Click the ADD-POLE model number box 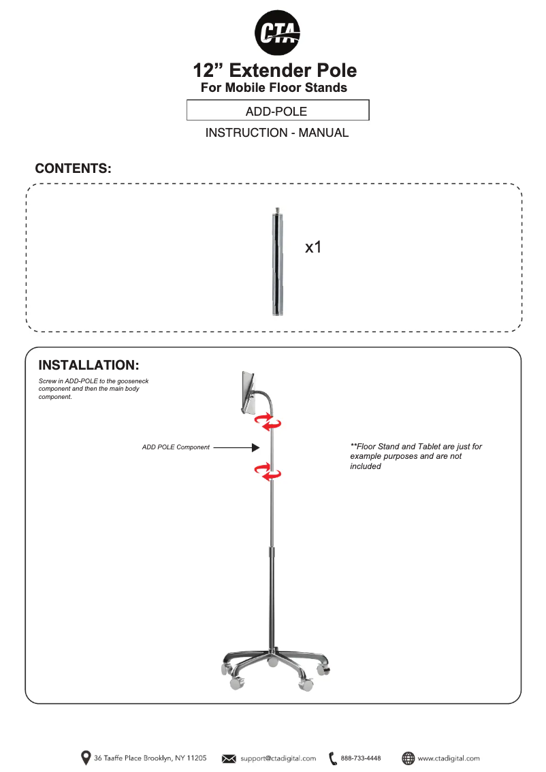(278, 111)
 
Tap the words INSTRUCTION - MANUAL (277, 133)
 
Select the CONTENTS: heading (74, 168)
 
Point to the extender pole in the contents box (278, 262)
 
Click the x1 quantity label (313, 247)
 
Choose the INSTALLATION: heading (89, 366)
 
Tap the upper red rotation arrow (268, 423)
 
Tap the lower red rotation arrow (268, 470)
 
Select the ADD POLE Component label (176, 447)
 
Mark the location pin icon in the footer (86, 758)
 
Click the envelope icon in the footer (229, 758)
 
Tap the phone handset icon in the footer (332, 758)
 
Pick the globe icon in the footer (408, 758)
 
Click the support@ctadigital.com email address (278, 758)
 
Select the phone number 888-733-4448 (361, 758)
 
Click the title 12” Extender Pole (274, 70)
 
